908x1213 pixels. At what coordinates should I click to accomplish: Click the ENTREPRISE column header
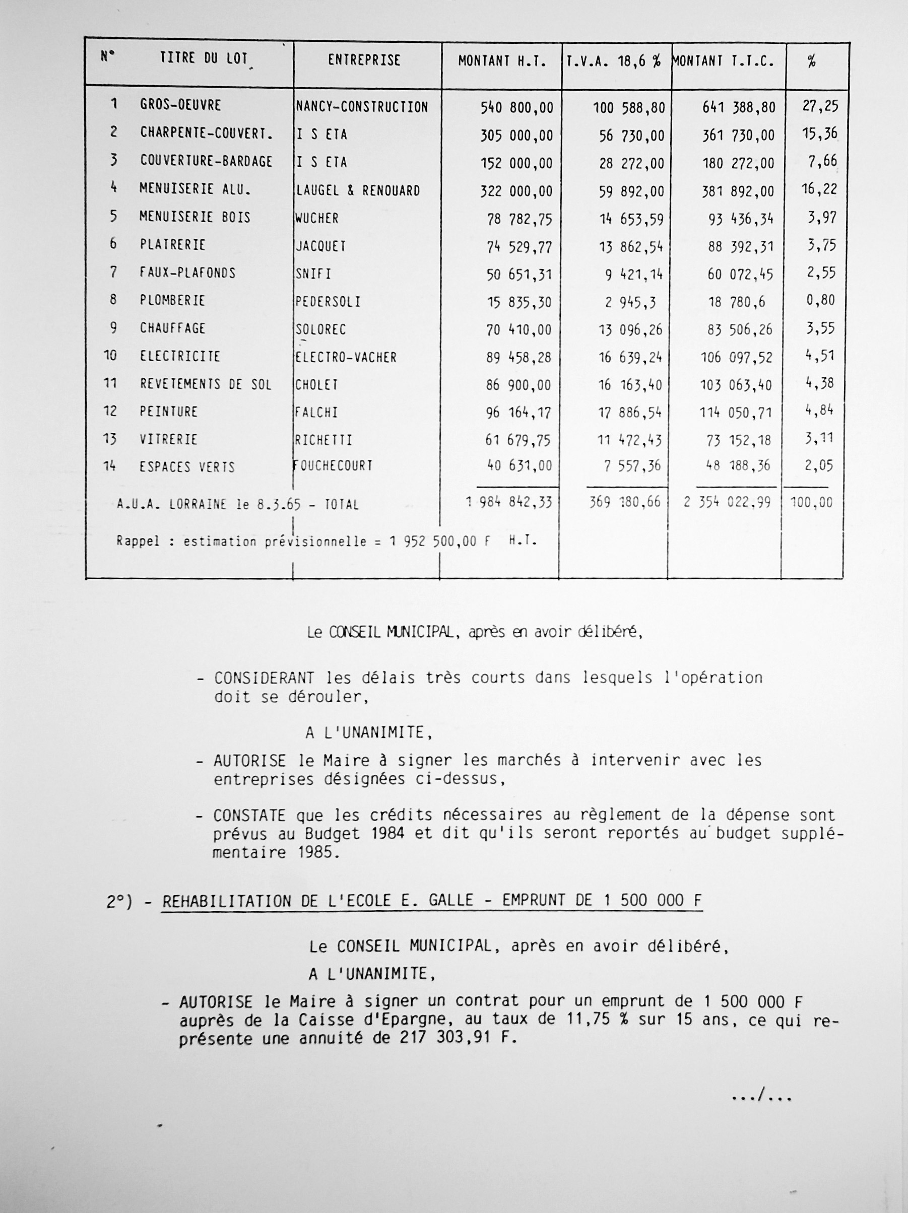point(364,60)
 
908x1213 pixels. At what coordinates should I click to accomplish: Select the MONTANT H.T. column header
point(502,62)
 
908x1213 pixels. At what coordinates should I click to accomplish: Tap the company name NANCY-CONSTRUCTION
point(362,107)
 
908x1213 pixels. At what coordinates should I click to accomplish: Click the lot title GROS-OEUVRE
point(180,105)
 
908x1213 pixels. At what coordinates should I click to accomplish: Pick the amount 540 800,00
point(517,107)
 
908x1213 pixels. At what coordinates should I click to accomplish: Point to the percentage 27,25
point(820,106)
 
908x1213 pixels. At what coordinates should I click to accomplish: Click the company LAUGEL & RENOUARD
point(358,191)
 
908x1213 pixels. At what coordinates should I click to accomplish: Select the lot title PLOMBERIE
point(172,301)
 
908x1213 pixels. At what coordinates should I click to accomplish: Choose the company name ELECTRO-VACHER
point(346,358)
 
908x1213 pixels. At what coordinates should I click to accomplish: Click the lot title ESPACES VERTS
point(187,467)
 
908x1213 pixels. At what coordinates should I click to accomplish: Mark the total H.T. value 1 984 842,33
point(509,502)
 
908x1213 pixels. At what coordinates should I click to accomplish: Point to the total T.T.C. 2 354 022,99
point(727,502)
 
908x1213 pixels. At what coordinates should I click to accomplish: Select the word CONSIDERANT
point(264,679)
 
